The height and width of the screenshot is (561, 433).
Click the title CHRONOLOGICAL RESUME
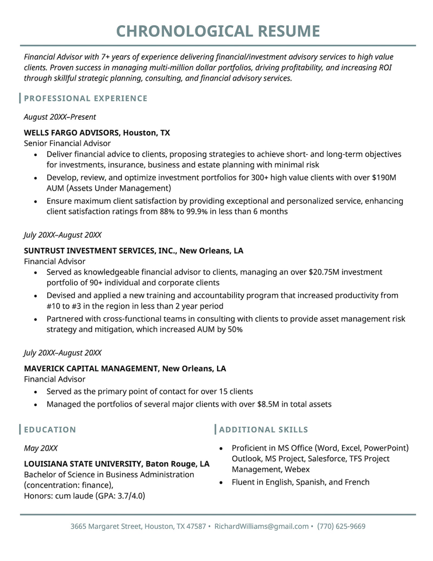click(x=218, y=31)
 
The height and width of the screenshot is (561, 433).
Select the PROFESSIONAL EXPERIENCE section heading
click(x=86, y=98)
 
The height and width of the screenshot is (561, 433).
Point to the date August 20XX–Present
click(x=60, y=117)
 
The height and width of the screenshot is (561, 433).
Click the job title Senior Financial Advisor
click(x=67, y=143)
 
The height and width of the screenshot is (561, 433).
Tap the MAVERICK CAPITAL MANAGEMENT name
click(x=91, y=369)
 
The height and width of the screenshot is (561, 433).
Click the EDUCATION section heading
click(x=50, y=430)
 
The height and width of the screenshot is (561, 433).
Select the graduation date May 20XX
click(x=41, y=448)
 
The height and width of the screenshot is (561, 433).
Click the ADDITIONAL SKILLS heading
click(x=264, y=430)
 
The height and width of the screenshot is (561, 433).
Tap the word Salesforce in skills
click(x=328, y=459)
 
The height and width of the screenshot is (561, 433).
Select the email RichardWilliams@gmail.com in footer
click(x=261, y=527)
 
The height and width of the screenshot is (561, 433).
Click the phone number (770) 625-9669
click(x=341, y=527)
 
